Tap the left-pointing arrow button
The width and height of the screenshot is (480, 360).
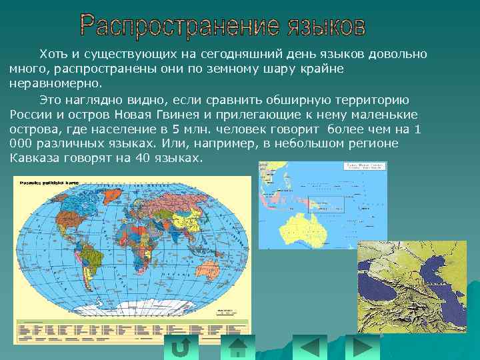309,347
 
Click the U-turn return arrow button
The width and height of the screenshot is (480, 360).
181,347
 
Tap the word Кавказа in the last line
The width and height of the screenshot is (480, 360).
33,158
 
